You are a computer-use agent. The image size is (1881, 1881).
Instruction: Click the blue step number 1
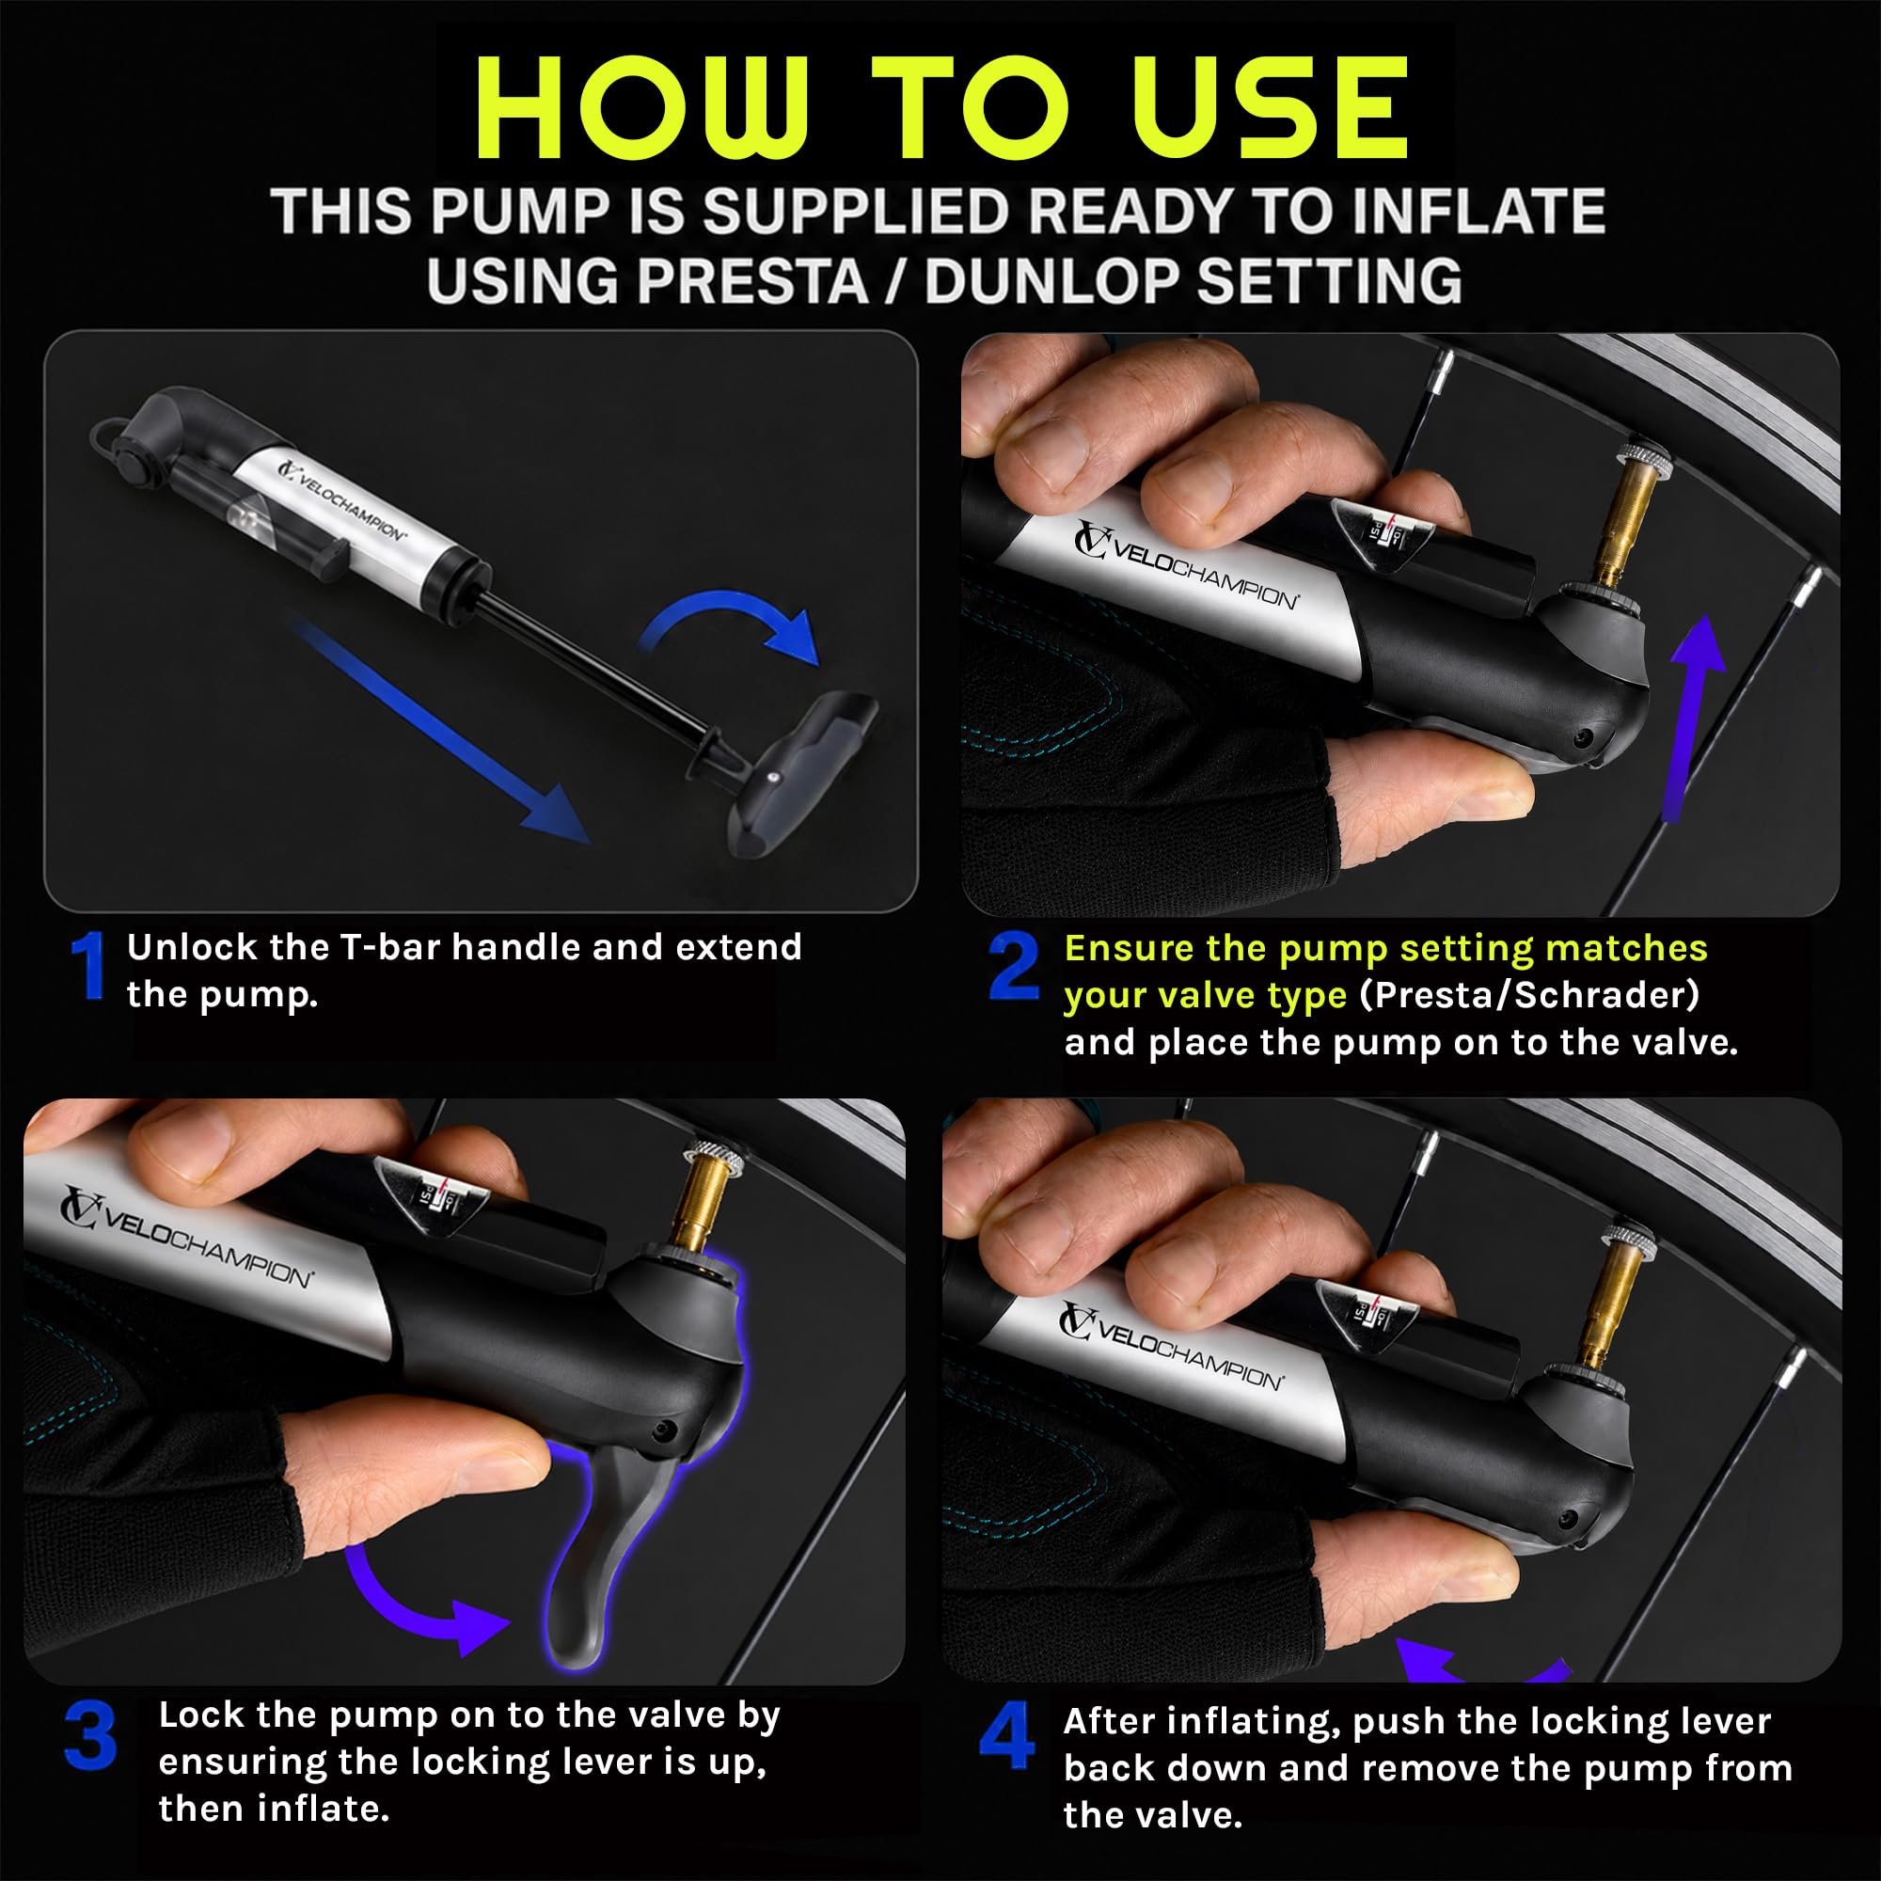click(x=89, y=966)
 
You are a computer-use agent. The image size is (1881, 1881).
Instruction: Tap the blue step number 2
click(x=1015, y=966)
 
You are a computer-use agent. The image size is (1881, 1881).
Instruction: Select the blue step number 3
click(x=90, y=1736)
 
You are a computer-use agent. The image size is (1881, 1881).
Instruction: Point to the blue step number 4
click(x=1007, y=1736)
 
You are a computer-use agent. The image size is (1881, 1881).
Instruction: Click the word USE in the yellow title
click(x=1272, y=107)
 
